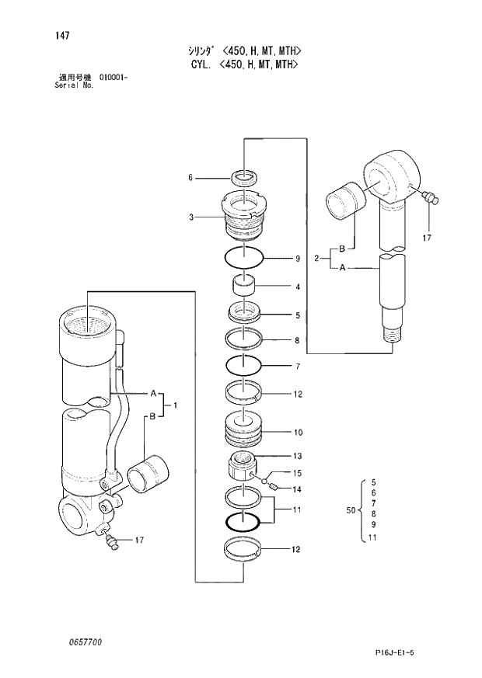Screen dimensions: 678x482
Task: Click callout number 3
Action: click(190, 217)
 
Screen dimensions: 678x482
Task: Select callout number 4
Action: click(297, 287)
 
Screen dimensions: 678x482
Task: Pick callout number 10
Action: click(298, 432)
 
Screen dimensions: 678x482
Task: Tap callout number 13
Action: click(297, 456)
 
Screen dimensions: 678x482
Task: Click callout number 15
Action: click(297, 473)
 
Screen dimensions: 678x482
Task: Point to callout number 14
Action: click(297, 489)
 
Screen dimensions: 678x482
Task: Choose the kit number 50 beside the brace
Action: click(350, 510)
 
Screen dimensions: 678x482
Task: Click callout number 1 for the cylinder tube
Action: click(176, 405)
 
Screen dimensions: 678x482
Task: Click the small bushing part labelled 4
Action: click(245, 287)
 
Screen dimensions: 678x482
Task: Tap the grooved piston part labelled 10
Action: click(244, 431)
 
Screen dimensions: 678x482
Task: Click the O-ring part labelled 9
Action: click(244, 257)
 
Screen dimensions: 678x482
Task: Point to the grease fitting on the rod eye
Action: click(428, 198)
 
